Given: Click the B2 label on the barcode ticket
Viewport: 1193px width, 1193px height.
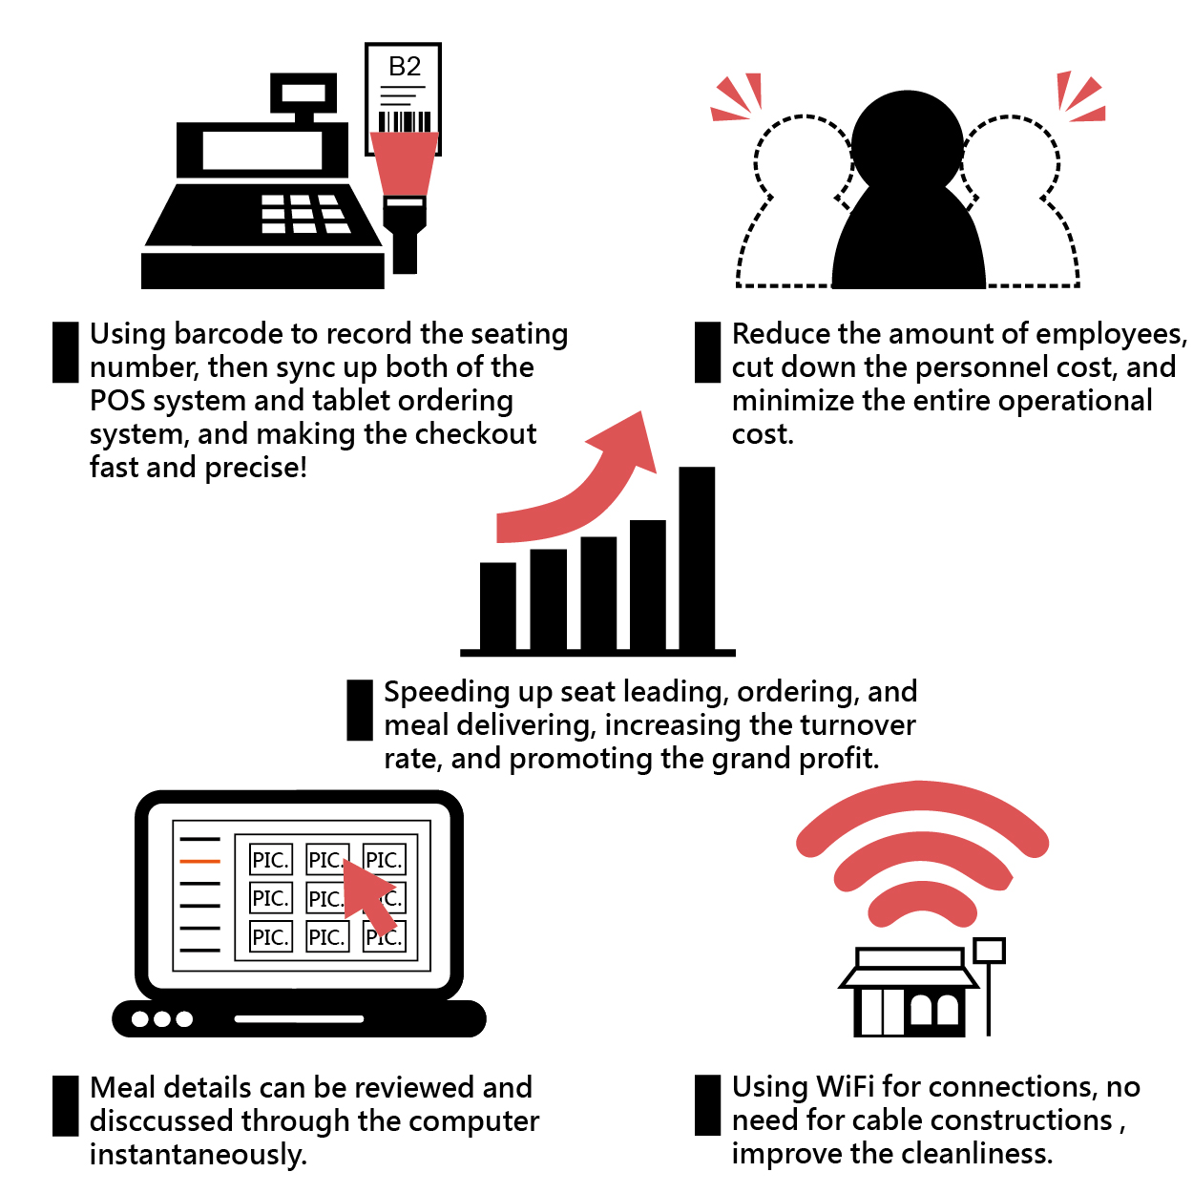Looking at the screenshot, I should (405, 67).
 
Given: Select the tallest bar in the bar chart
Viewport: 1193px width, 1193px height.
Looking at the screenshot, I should (697, 557).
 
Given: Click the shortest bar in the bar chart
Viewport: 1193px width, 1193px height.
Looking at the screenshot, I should (497, 606).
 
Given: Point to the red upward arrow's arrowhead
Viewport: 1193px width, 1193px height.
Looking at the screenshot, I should (630, 440).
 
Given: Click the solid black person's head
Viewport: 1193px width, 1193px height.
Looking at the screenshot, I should (907, 143).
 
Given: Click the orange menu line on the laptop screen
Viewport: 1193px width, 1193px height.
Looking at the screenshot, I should (199, 861).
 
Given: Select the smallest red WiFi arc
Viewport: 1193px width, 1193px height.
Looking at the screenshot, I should (922, 903).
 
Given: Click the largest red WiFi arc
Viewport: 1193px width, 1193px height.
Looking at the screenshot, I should (922, 806).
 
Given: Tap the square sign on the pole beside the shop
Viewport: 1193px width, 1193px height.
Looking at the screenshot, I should (989, 950).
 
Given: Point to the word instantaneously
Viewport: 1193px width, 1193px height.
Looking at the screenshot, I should (198, 1155).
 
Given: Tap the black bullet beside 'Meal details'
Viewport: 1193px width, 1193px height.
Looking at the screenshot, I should (65, 1105).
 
